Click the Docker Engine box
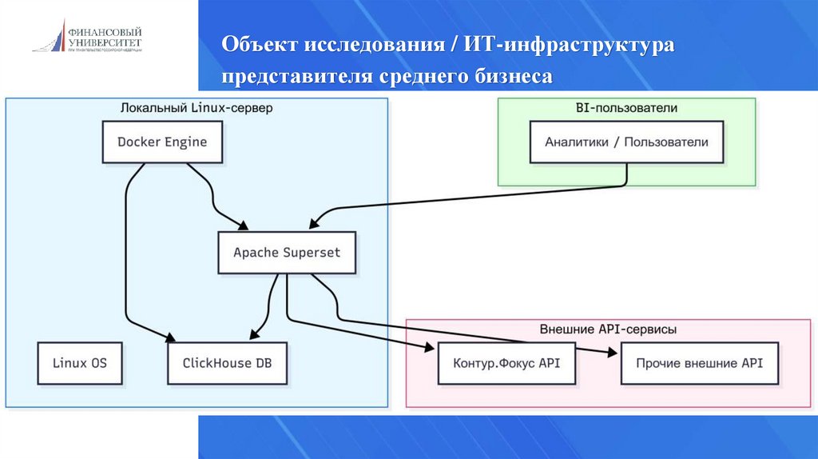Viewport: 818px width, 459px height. tap(162, 142)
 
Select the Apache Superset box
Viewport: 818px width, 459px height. tap(286, 253)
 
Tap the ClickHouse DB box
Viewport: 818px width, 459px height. tap(227, 362)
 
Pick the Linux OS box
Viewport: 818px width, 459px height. tap(80, 362)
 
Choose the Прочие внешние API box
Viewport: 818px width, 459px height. tap(699, 362)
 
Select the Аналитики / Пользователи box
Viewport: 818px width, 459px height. tap(626, 142)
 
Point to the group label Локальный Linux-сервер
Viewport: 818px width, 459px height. tap(197, 107)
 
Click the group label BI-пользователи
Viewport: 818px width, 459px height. tap(626, 107)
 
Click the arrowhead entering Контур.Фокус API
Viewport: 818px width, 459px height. tap(432, 349)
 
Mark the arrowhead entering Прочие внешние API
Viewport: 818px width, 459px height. tap(613, 351)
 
